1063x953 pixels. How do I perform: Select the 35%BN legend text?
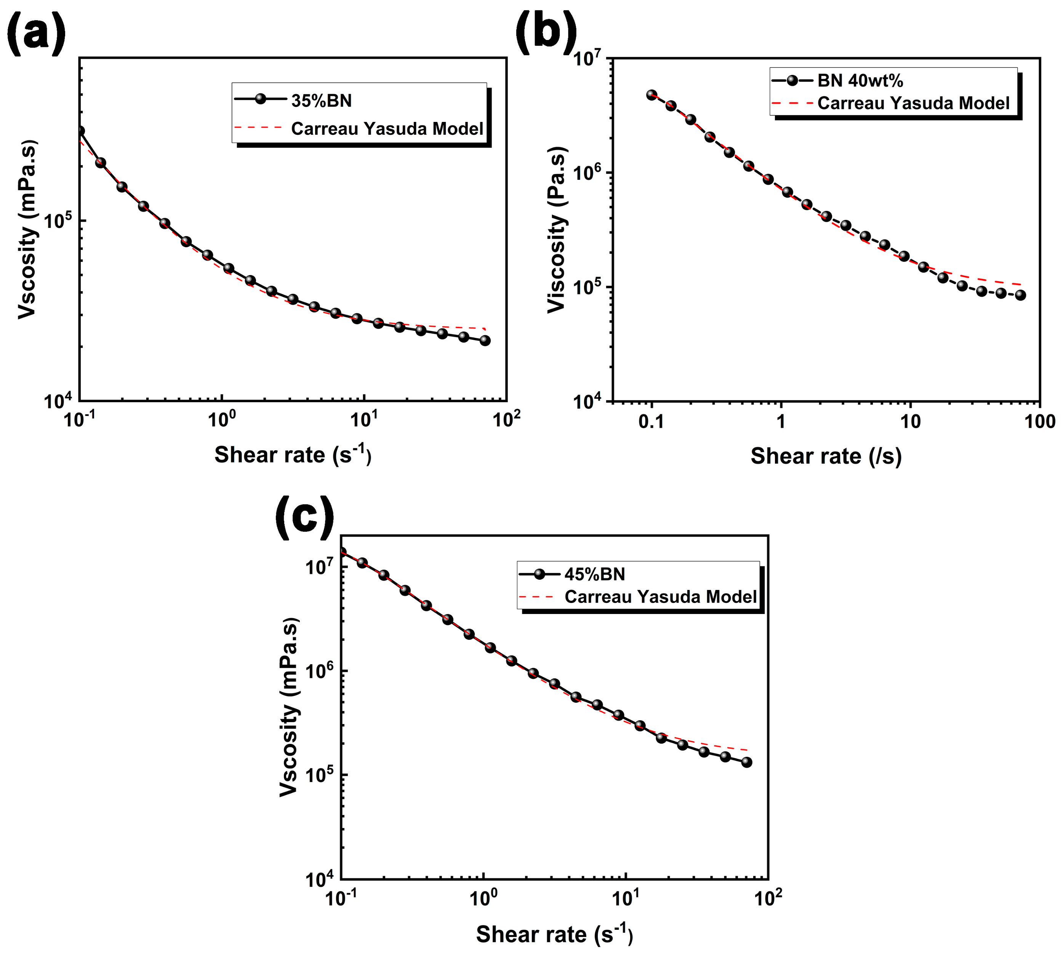pos(321,101)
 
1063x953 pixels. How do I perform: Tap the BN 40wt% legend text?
pos(860,81)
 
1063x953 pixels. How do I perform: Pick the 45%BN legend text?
pos(594,574)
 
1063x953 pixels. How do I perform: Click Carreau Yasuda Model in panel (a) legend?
pos(387,128)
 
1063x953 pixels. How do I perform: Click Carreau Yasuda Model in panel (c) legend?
pos(660,596)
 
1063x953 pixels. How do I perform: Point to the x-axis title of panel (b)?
pos(826,456)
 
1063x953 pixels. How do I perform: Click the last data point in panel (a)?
pos(485,341)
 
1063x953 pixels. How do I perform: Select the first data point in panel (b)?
pos(652,95)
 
